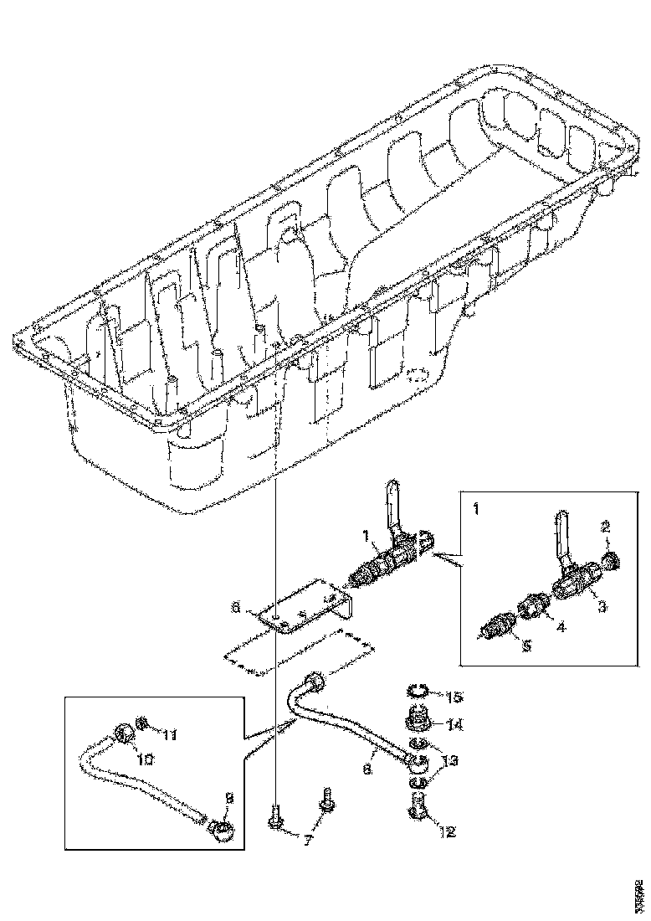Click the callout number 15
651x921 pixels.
(x=455, y=697)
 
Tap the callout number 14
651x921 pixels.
(x=455, y=723)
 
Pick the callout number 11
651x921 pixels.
(x=170, y=735)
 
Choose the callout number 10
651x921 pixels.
(x=145, y=759)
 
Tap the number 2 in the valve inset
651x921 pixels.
(x=606, y=527)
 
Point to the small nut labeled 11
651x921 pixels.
(x=144, y=722)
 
